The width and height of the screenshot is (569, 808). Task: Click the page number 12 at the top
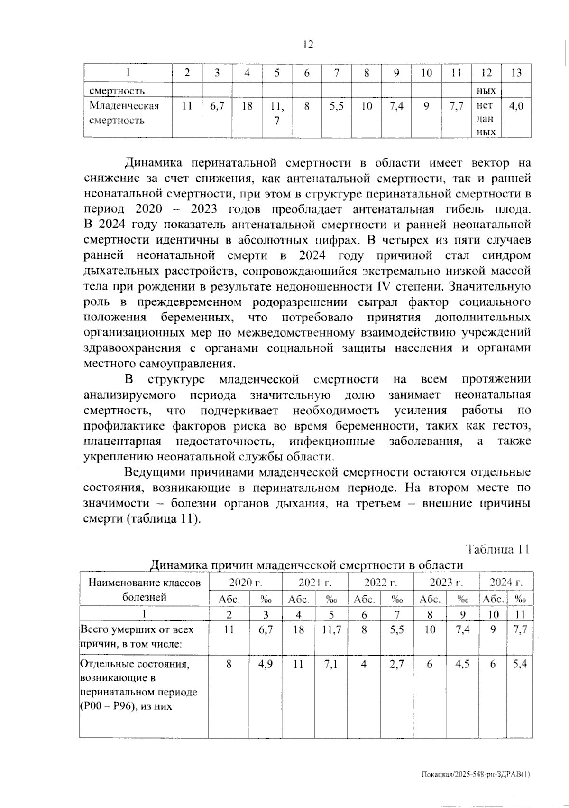click(x=307, y=45)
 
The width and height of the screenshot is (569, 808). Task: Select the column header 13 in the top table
click(x=516, y=73)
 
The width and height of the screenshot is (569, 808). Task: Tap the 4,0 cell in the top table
click(x=516, y=106)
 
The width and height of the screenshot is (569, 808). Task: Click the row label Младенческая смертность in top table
click(x=124, y=113)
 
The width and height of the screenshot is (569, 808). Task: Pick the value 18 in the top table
click(x=247, y=106)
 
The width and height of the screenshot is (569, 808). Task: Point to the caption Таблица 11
click(x=497, y=549)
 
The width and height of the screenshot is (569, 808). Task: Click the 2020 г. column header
click(x=245, y=583)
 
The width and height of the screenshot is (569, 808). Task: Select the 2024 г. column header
click(x=506, y=583)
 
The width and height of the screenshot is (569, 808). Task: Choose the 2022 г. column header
click(x=380, y=583)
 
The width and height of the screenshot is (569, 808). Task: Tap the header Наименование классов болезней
click(x=145, y=590)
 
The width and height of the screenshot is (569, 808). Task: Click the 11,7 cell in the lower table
click(x=331, y=630)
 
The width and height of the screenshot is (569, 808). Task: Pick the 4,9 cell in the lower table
click(x=266, y=664)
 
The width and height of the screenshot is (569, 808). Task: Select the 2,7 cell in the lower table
click(x=397, y=664)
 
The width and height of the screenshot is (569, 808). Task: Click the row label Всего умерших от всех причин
click(x=137, y=637)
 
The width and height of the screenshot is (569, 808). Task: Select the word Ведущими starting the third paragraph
click(x=155, y=472)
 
